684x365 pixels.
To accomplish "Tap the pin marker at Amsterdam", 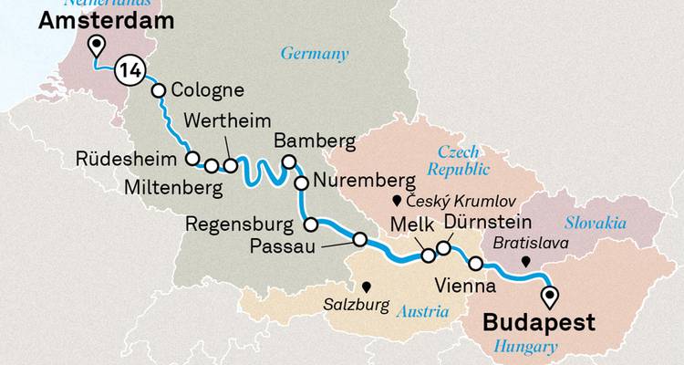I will [x=96, y=47].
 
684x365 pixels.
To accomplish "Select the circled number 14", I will [x=130, y=69].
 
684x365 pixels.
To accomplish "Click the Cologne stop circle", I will [x=159, y=90].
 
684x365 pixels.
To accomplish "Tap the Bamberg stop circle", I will [x=289, y=162].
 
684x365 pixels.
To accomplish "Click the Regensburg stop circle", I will [x=311, y=224].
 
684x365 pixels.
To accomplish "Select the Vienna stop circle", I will [x=475, y=264].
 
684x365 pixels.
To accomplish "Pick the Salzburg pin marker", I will [x=366, y=285].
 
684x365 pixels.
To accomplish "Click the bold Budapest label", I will [x=539, y=323].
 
